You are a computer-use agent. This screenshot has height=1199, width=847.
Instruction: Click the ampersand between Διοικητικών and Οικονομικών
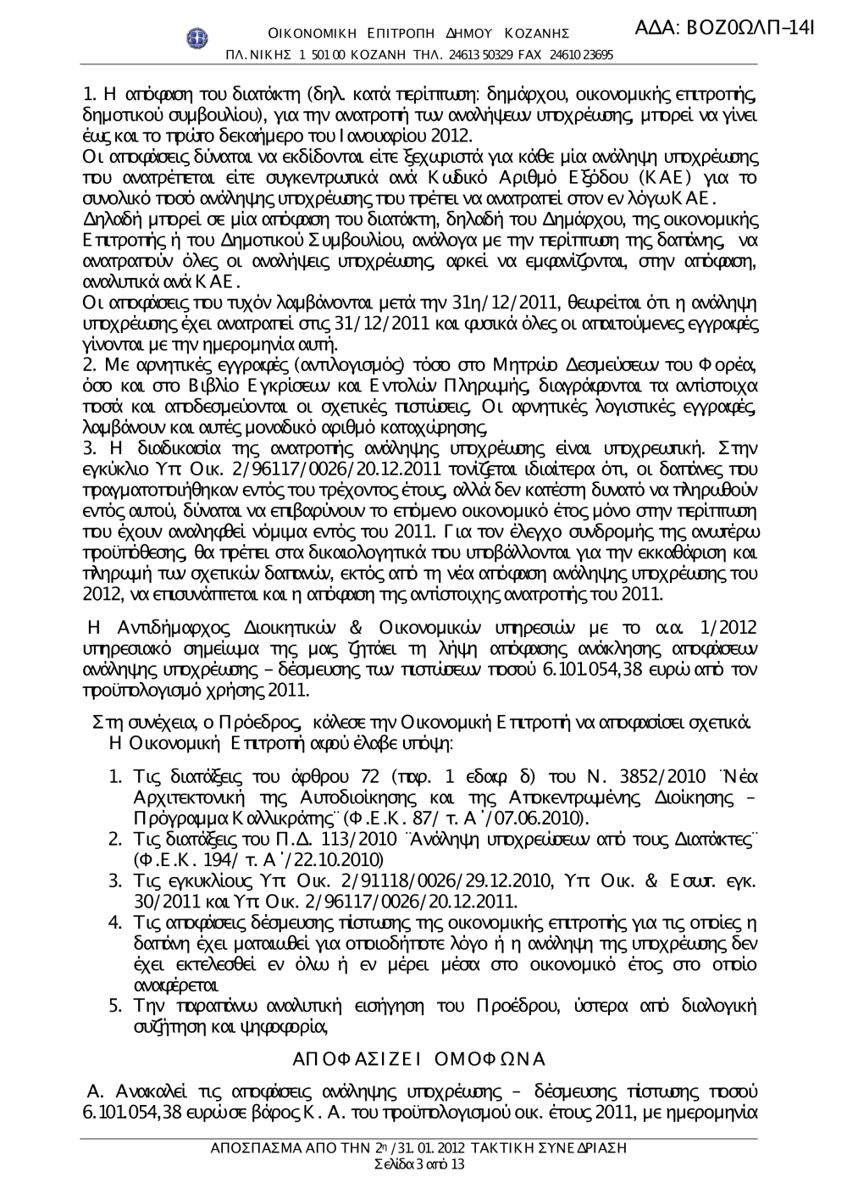point(356,627)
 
